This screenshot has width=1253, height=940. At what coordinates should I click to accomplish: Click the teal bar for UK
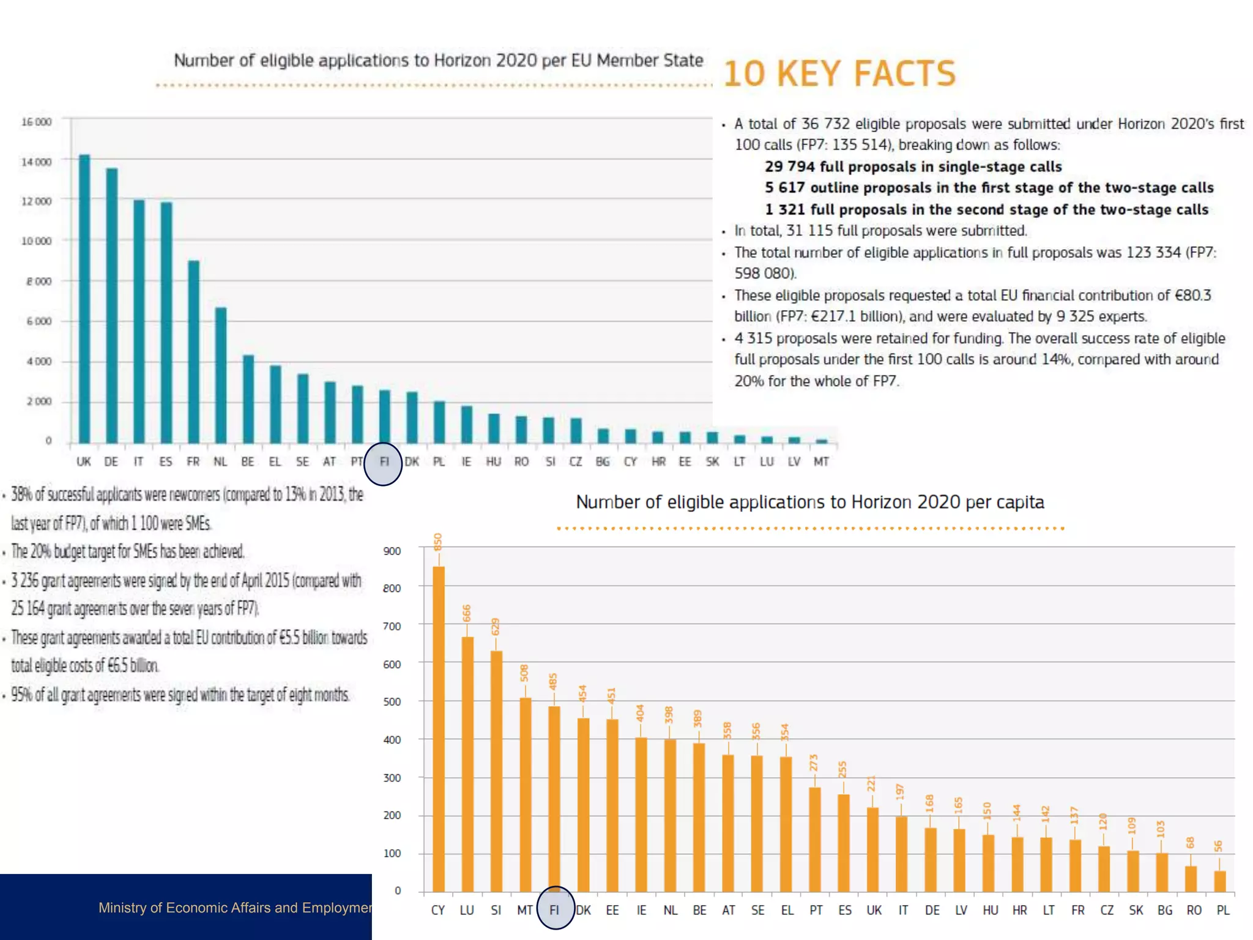click(84, 300)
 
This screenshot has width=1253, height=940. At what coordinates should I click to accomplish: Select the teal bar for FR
click(193, 352)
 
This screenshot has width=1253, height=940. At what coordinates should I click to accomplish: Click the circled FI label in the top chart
click(384, 462)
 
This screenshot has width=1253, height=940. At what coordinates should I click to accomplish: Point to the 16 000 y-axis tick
click(37, 122)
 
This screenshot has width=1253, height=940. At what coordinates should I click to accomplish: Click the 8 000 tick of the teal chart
click(39, 282)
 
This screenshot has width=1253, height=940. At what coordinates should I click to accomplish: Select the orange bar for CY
click(439, 728)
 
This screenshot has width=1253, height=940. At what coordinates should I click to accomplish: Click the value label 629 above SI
click(496, 627)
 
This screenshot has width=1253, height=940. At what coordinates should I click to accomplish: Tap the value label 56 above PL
click(1218, 846)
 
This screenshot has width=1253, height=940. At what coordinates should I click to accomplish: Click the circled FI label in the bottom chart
click(554, 910)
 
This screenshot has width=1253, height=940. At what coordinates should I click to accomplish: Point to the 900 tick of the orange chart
click(392, 551)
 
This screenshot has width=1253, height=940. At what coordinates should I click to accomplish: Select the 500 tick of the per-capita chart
click(392, 701)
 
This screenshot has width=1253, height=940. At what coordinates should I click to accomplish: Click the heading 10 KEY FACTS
click(839, 73)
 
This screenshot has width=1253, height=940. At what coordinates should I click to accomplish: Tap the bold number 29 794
click(789, 166)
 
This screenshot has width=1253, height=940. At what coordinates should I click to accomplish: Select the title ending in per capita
click(809, 502)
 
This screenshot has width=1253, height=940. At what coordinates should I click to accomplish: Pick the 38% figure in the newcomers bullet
click(21, 494)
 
